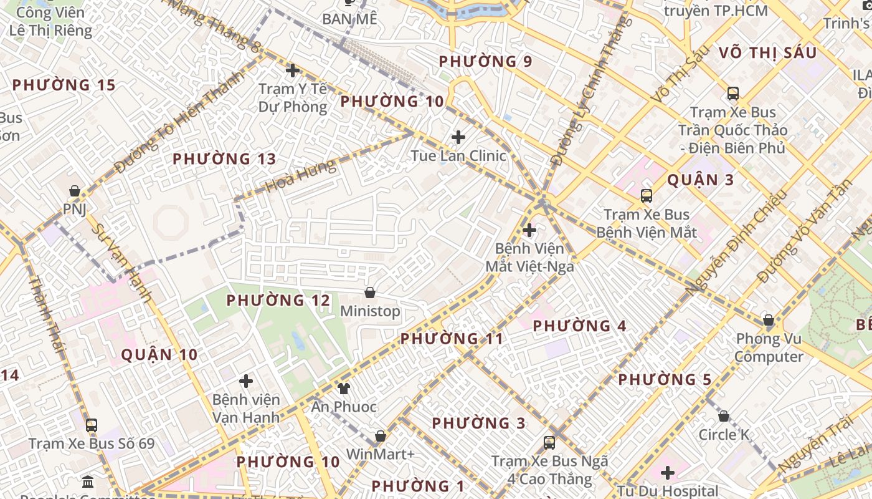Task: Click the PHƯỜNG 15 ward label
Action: coord(64,85)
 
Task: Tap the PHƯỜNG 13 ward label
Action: coord(224,159)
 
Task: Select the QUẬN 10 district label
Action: coord(159,355)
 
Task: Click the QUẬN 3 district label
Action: coord(701,180)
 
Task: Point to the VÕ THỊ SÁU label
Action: coord(767,53)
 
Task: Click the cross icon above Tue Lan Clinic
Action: coord(458,137)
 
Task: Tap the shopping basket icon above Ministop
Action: coord(370,293)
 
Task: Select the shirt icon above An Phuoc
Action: coord(343,389)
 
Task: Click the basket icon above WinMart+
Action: coord(380,436)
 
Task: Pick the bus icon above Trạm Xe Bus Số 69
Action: coord(92,425)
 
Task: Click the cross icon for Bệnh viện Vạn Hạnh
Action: coord(246,380)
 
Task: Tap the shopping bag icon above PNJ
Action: coord(75,191)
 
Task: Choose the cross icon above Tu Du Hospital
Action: coord(668,473)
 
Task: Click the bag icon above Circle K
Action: coord(724,416)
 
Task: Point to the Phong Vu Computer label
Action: coord(769,348)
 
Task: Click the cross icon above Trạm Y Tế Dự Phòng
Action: coord(292,70)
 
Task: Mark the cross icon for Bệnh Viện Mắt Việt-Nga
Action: coord(529,230)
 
